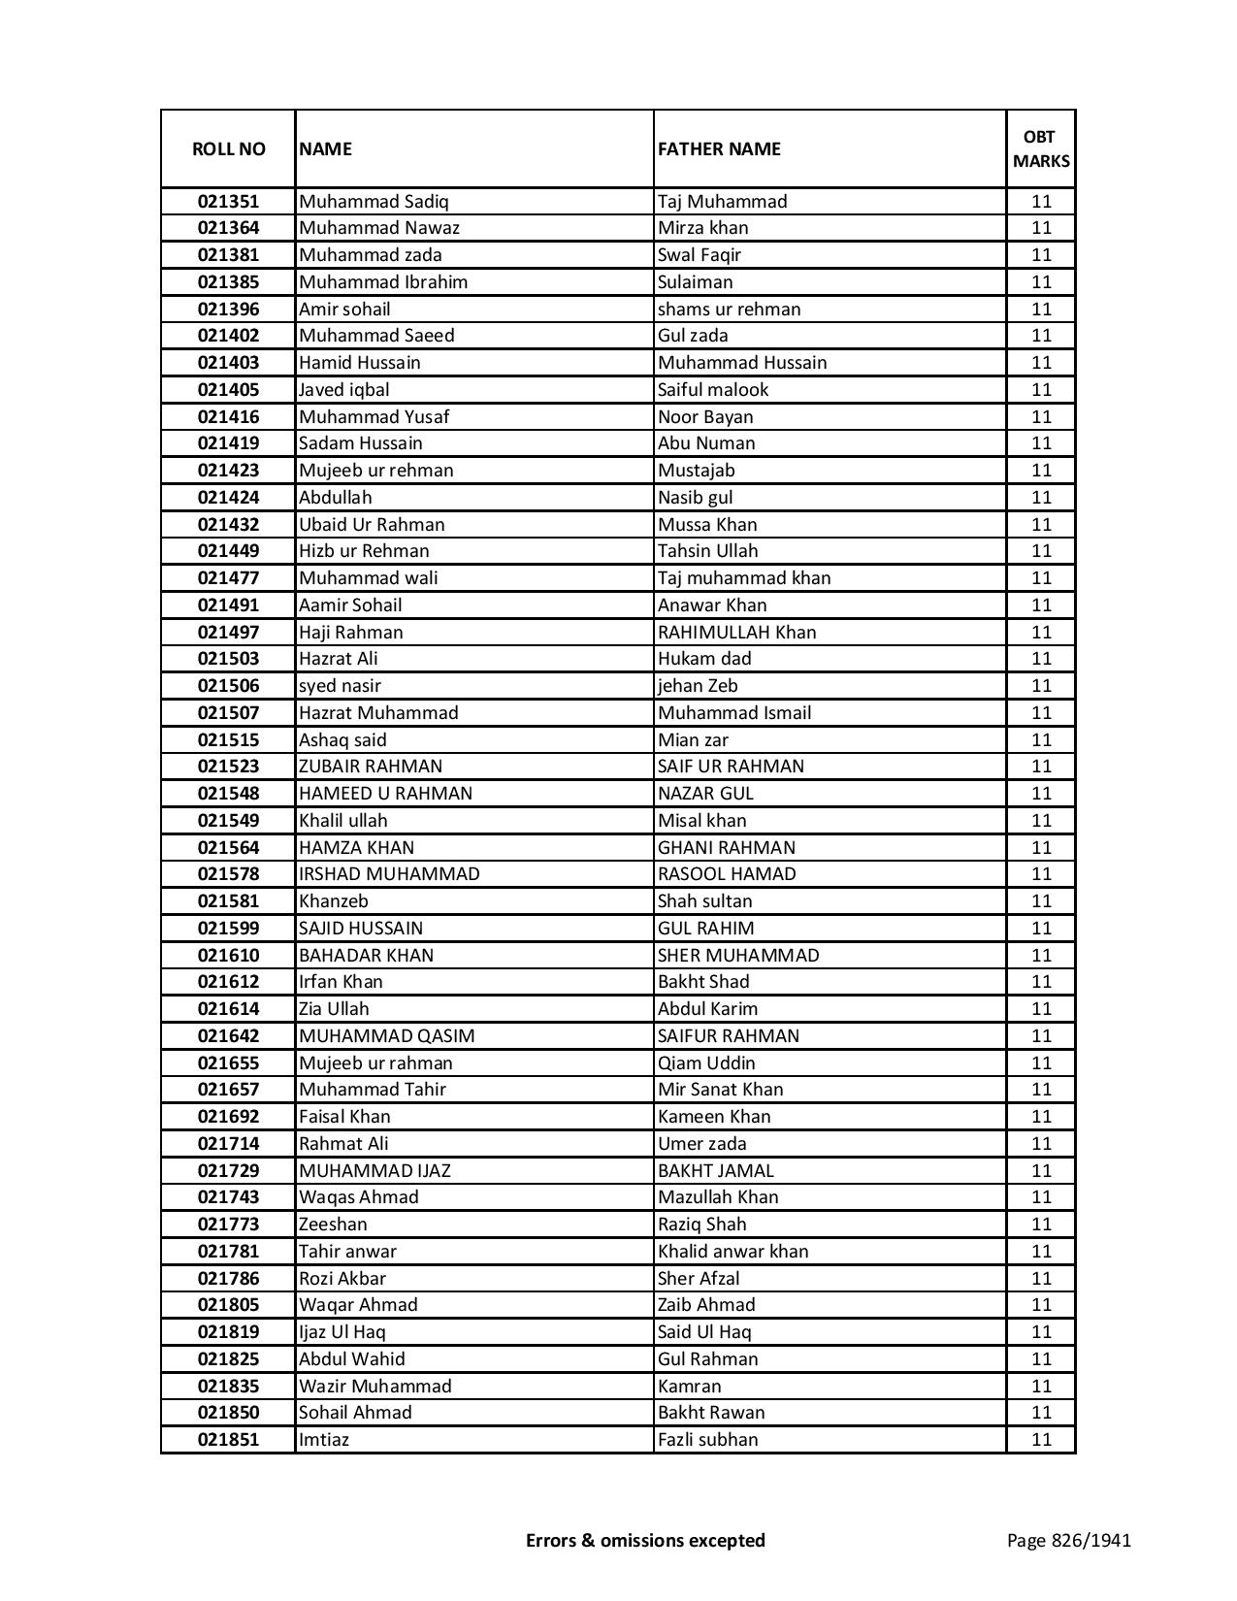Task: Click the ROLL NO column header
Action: point(228,148)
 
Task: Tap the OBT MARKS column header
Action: point(1041,148)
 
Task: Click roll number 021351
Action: point(228,202)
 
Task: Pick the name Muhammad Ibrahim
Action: point(383,282)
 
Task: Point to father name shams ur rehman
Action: point(729,310)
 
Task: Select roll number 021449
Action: point(228,551)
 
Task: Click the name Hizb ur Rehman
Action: point(364,551)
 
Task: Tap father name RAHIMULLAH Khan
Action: point(736,632)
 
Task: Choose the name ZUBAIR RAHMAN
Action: point(371,767)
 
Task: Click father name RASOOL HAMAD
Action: point(727,874)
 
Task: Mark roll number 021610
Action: point(228,955)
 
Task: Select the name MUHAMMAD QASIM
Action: point(386,1036)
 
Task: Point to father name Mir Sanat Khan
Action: point(720,1090)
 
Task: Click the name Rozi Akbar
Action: point(342,1279)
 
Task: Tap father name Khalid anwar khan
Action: point(732,1252)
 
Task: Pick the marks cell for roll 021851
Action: point(1041,1440)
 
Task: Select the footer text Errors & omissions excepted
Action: point(645,1540)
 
